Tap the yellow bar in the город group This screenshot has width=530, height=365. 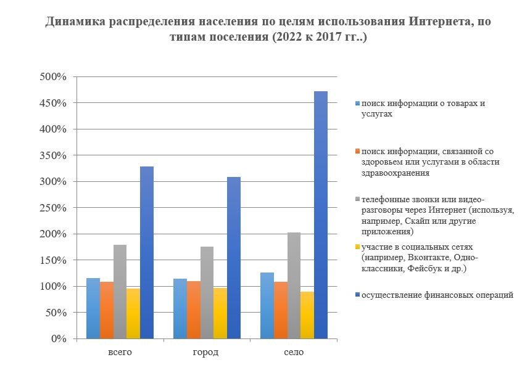(x=220, y=313)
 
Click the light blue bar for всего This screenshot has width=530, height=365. (x=93, y=308)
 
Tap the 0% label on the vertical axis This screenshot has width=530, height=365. (x=59, y=338)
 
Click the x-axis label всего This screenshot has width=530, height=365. (x=120, y=352)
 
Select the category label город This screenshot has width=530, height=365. (x=207, y=352)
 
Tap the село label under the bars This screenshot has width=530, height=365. (x=294, y=352)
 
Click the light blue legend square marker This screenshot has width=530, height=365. (x=357, y=104)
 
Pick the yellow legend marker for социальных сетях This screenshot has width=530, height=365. (x=357, y=247)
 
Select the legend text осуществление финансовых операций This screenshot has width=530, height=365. (x=437, y=295)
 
